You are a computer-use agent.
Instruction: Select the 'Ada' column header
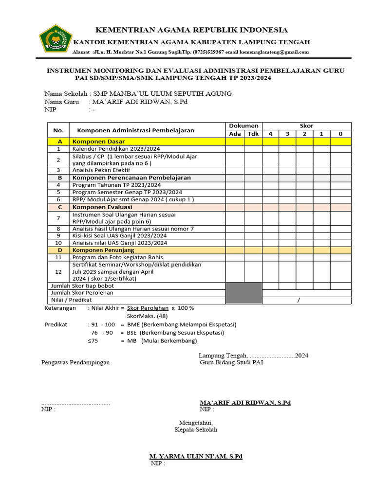[x=235, y=134]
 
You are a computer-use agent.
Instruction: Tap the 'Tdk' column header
[x=253, y=134]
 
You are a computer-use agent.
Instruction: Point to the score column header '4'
[x=270, y=134]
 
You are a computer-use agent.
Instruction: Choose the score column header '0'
[x=340, y=134]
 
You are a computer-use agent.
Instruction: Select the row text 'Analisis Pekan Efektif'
[x=101, y=170]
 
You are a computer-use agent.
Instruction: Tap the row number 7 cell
[x=58, y=218]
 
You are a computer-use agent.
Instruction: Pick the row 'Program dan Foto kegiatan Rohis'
[x=117, y=257]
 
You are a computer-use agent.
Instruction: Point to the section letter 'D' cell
[x=58, y=250]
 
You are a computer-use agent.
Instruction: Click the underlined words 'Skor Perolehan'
[x=148, y=308]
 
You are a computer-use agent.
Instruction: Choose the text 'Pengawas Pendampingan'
[x=75, y=362]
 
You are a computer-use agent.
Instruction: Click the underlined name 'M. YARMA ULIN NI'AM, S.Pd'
[x=195, y=457]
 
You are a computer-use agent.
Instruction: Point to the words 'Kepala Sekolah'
[x=196, y=430]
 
